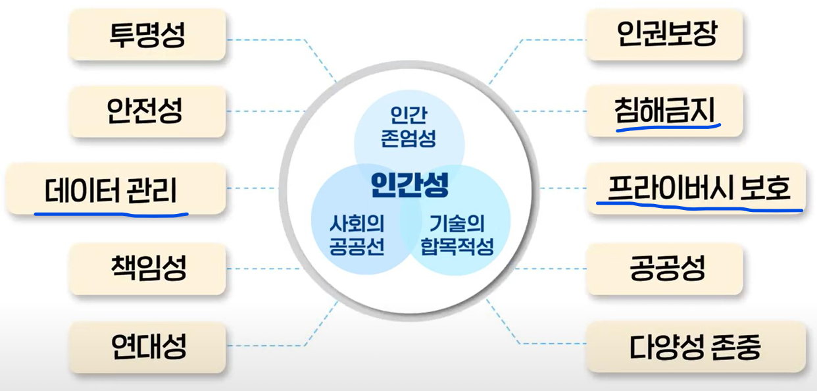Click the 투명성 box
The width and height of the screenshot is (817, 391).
(147, 34)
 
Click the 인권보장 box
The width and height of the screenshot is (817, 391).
(664, 34)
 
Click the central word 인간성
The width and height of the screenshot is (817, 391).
(408, 184)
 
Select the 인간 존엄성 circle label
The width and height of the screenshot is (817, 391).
(408, 126)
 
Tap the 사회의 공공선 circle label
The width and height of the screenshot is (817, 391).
(356, 236)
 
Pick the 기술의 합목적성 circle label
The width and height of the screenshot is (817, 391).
(457, 236)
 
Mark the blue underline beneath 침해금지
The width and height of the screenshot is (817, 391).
(668, 126)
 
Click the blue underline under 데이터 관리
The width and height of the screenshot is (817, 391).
(111, 213)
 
